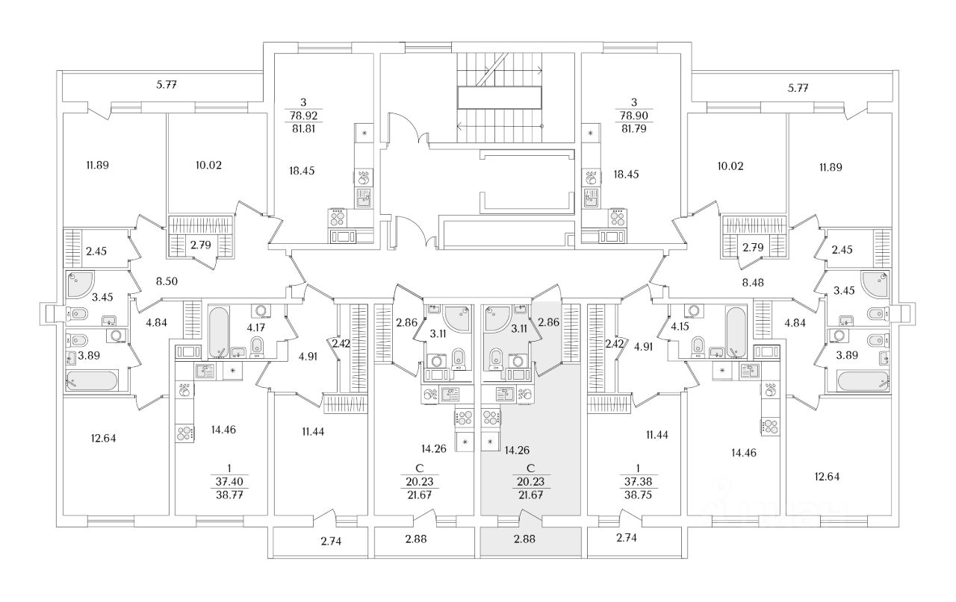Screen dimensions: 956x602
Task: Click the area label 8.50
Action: pyautogui.click(x=167, y=281)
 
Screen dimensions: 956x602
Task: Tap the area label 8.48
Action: pyautogui.click(x=753, y=282)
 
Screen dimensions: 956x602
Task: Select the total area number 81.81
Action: pyautogui.click(x=303, y=128)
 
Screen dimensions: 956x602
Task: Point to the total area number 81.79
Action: pyautogui.click(x=634, y=128)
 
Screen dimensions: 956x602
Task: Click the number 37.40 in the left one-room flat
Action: pyautogui.click(x=229, y=482)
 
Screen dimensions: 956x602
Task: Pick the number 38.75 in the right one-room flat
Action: pyautogui.click(x=638, y=495)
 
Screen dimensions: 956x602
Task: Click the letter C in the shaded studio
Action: pyautogui.click(x=530, y=468)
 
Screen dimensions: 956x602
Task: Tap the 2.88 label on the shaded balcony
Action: pyautogui.click(x=524, y=539)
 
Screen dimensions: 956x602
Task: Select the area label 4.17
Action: pyautogui.click(x=255, y=327)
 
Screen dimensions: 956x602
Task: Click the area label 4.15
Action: pyautogui.click(x=680, y=327)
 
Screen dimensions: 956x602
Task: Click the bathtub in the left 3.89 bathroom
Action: pyautogui.click(x=92, y=380)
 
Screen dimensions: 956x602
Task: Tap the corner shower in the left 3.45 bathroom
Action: pyautogui.click(x=78, y=284)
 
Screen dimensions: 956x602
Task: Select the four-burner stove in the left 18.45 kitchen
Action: pyautogui.click(x=338, y=218)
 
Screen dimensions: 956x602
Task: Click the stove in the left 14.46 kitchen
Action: pyautogui.click(x=184, y=433)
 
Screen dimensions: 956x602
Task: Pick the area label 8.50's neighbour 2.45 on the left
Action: pyautogui.click(x=96, y=251)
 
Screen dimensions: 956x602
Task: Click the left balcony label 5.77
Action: pyautogui.click(x=167, y=85)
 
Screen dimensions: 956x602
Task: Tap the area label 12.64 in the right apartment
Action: pyautogui.click(x=827, y=477)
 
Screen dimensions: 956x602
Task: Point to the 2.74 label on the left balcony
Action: pyautogui.click(x=331, y=542)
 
